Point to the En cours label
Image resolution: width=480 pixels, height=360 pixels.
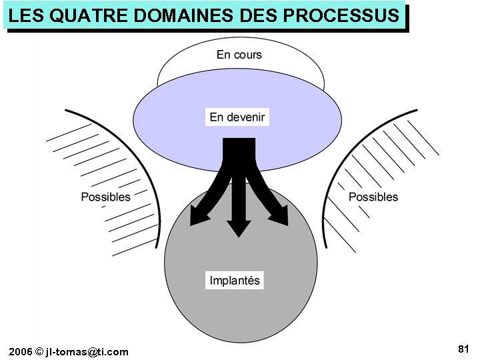pyautogui.click(x=239, y=55)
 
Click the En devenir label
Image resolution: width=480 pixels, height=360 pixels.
pyautogui.click(x=237, y=117)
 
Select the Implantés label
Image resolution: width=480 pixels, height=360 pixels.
pyautogui.click(x=235, y=280)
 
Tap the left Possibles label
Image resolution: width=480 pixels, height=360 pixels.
pyautogui.click(x=105, y=197)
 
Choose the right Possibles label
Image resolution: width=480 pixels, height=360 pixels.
pyautogui.click(x=373, y=197)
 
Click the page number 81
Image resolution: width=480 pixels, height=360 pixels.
pyautogui.click(x=464, y=349)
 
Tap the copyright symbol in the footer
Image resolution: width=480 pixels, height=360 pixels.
pyautogui.click(x=39, y=351)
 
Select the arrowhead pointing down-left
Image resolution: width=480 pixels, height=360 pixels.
pyautogui.click(x=199, y=217)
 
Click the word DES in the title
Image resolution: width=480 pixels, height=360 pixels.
pyautogui.click(x=259, y=15)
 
